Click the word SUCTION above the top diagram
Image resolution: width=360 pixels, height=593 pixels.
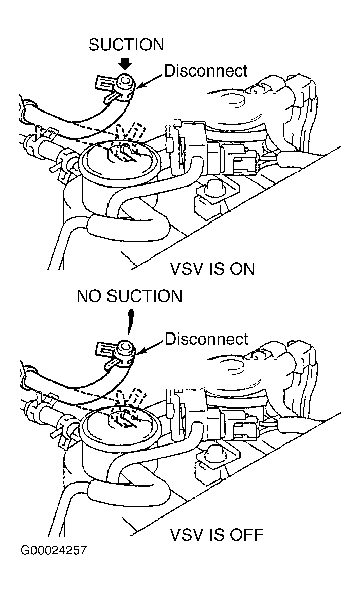126,45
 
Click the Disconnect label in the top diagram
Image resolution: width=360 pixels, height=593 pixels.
206,70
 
